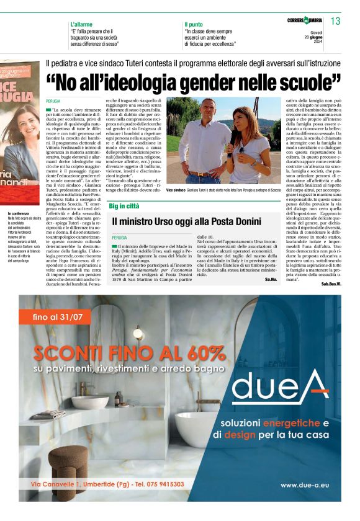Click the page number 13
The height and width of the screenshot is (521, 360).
pyautogui.click(x=335, y=22)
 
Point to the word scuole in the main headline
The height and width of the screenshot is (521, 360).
pyautogui.click(x=312, y=81)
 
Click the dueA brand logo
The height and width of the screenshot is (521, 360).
pyautogui.click(x=281, y=386)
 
